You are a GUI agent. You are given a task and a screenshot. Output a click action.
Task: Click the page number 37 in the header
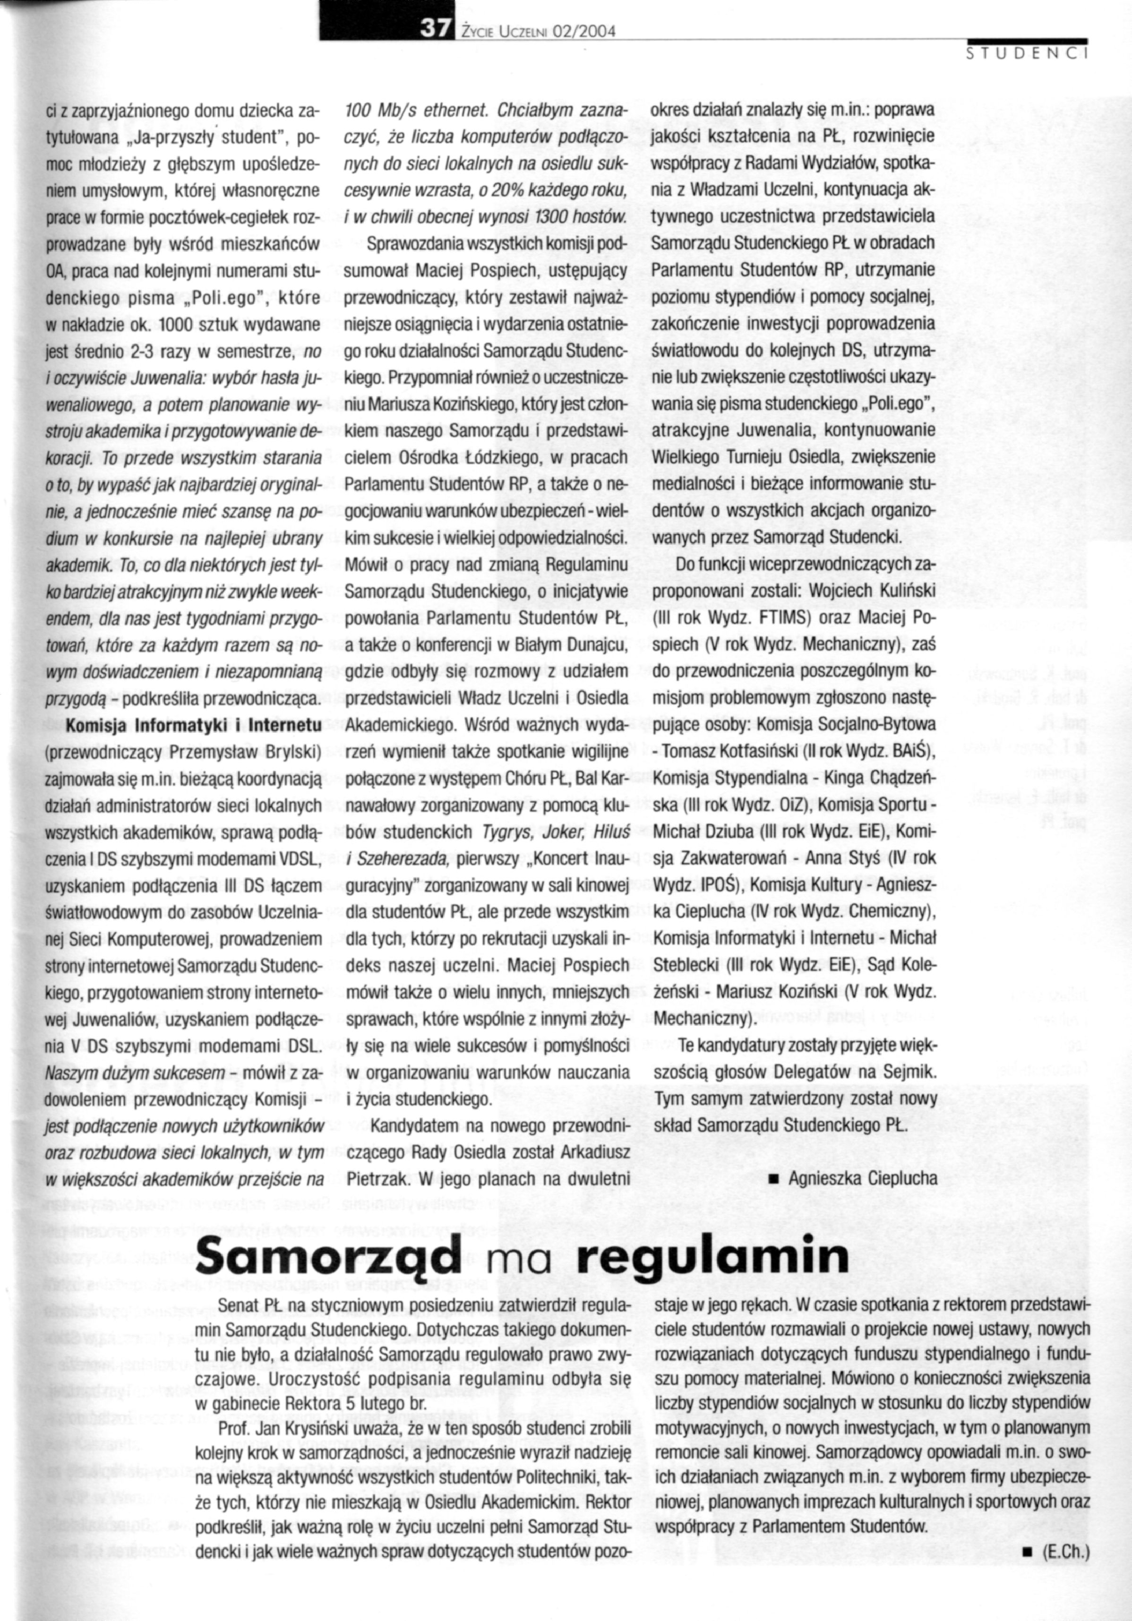432,29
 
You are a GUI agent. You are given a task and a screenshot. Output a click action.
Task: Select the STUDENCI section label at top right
1028,54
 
